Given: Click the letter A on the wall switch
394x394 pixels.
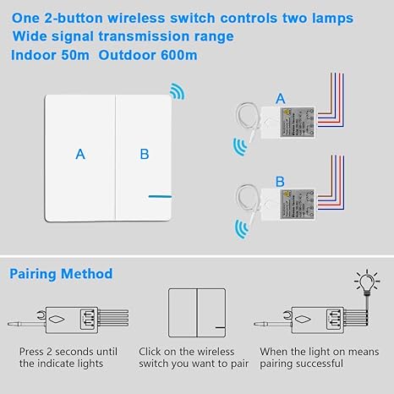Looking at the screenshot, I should tap(80, 154).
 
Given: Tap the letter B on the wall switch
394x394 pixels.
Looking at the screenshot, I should tap(145, 154).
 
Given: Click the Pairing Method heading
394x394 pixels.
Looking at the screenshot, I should tap(61, 274).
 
